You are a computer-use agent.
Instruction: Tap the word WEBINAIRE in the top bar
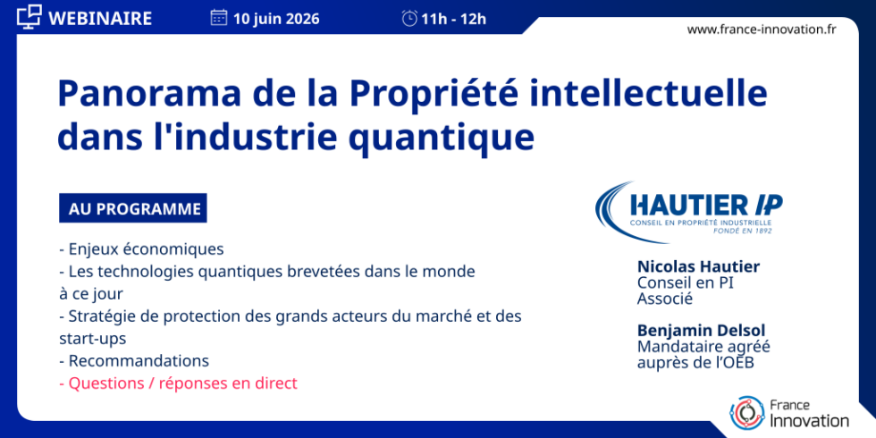point(100,19)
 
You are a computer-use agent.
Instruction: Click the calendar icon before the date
point(218,18)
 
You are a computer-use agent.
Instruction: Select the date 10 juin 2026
point(276,19)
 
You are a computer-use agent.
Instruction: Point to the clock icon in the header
point(409,19)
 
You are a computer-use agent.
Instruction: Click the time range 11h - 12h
point(454,19)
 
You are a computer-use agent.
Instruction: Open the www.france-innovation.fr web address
point(762,29)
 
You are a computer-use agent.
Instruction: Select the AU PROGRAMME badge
point(133,208)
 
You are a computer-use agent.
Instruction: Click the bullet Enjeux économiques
point(141,248)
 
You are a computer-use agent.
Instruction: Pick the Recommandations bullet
point(134,360)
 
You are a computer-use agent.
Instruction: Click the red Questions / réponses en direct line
point(178,383)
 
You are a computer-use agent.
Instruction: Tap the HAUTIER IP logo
point(689,212)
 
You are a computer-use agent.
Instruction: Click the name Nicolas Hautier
point(698,267)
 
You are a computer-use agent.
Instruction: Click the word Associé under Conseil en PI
point(665,299)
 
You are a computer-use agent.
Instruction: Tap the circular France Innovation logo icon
point(747,412)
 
